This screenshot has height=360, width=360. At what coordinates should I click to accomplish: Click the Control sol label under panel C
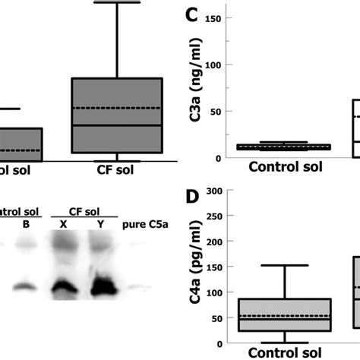tap(284, 168)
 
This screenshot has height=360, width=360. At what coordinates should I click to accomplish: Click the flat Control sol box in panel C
tap(284, 146)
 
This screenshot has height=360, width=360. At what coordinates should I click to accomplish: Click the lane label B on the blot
tap(27, 224)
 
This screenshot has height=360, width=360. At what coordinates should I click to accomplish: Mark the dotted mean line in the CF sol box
tap(118, 108)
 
